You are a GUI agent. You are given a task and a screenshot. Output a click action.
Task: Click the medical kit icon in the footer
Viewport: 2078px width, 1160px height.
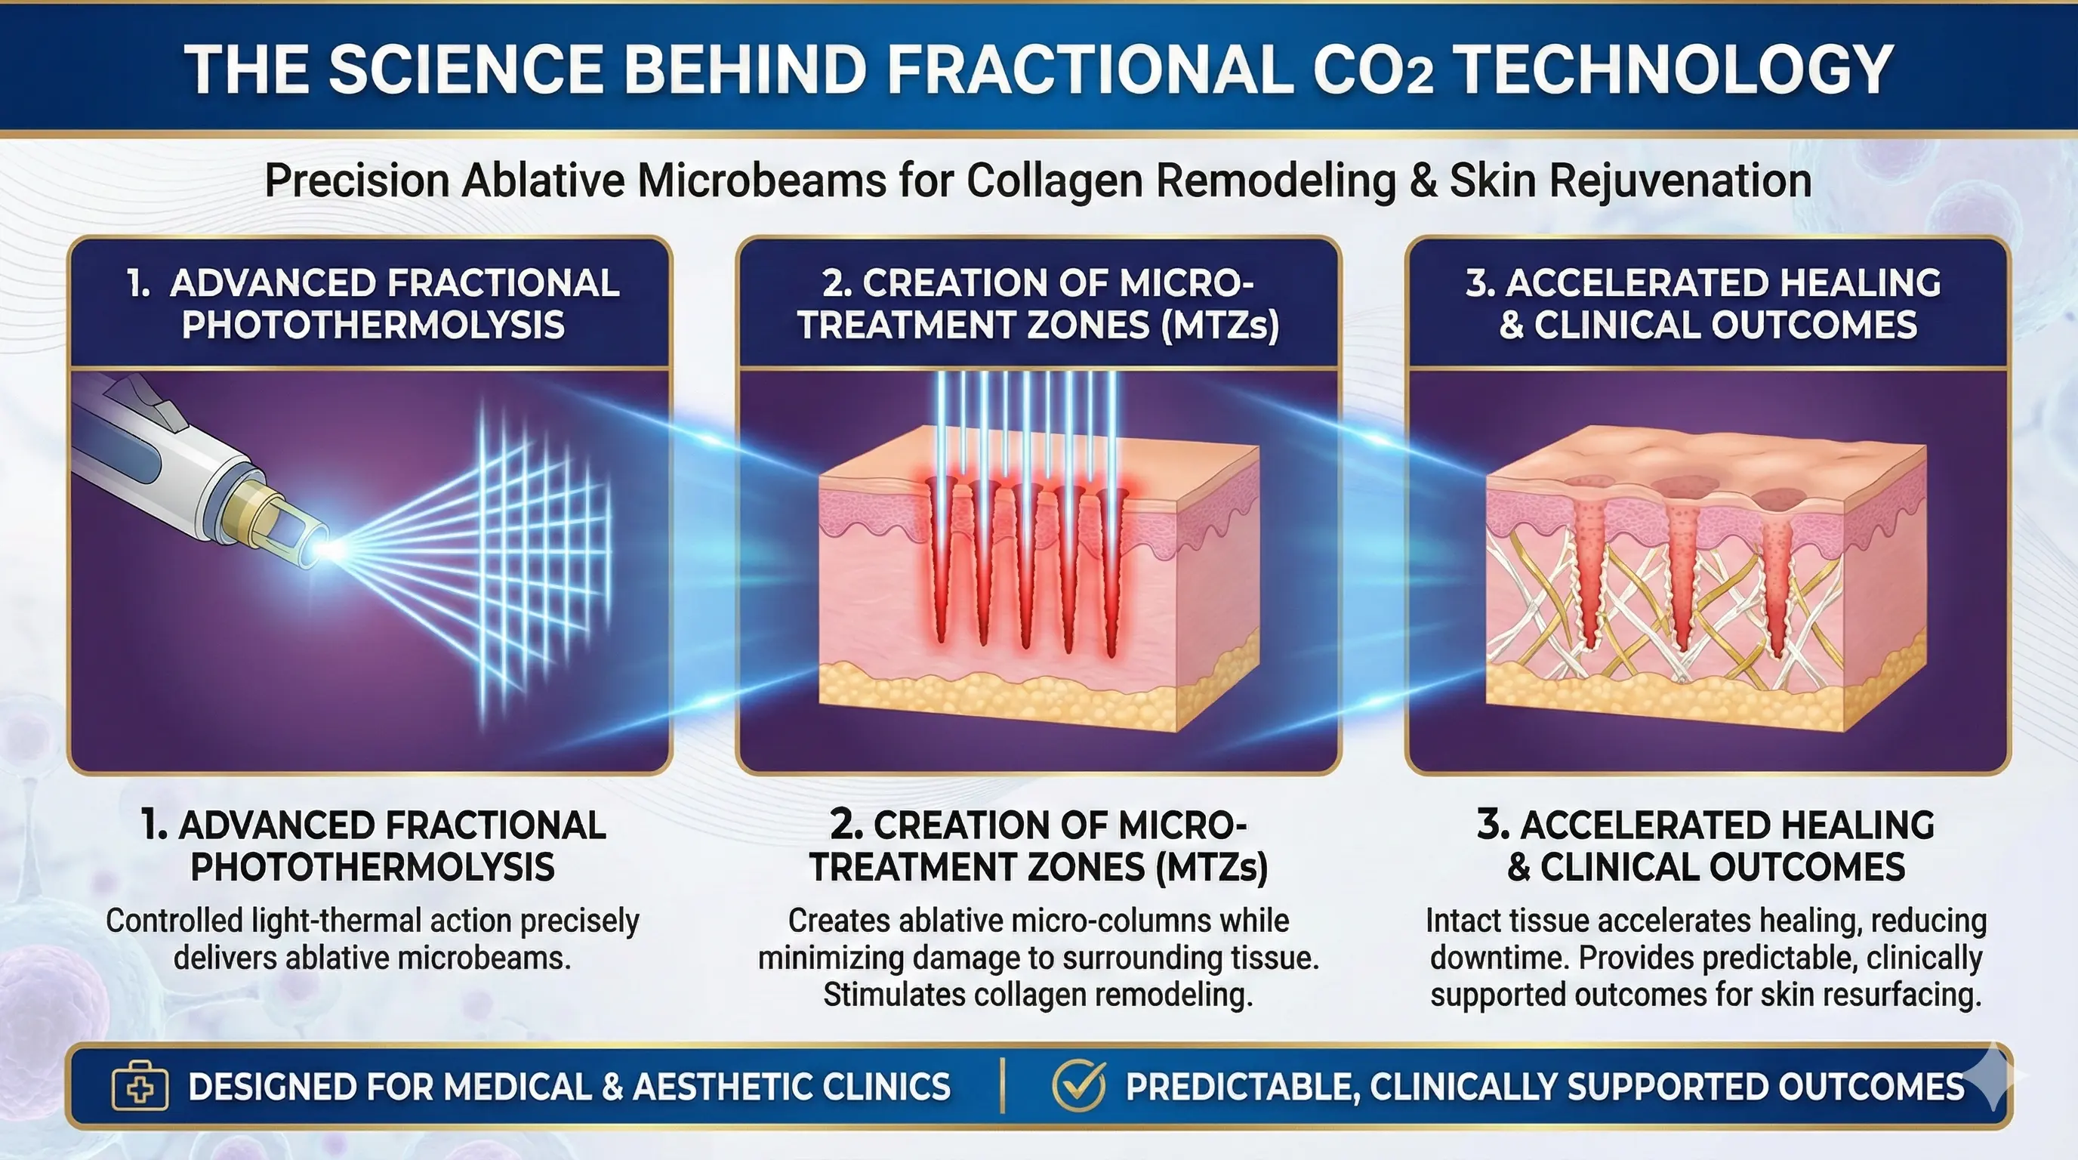[x=140, y=1087]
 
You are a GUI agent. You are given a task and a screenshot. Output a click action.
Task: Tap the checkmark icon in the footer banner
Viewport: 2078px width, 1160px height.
[x=1079, y=1085]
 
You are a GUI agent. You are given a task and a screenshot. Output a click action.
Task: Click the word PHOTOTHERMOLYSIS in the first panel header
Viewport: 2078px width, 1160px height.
[x=373, y=324]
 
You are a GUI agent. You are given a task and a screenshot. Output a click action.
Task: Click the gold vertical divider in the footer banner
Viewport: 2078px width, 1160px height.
[x=1003, y=1086]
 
